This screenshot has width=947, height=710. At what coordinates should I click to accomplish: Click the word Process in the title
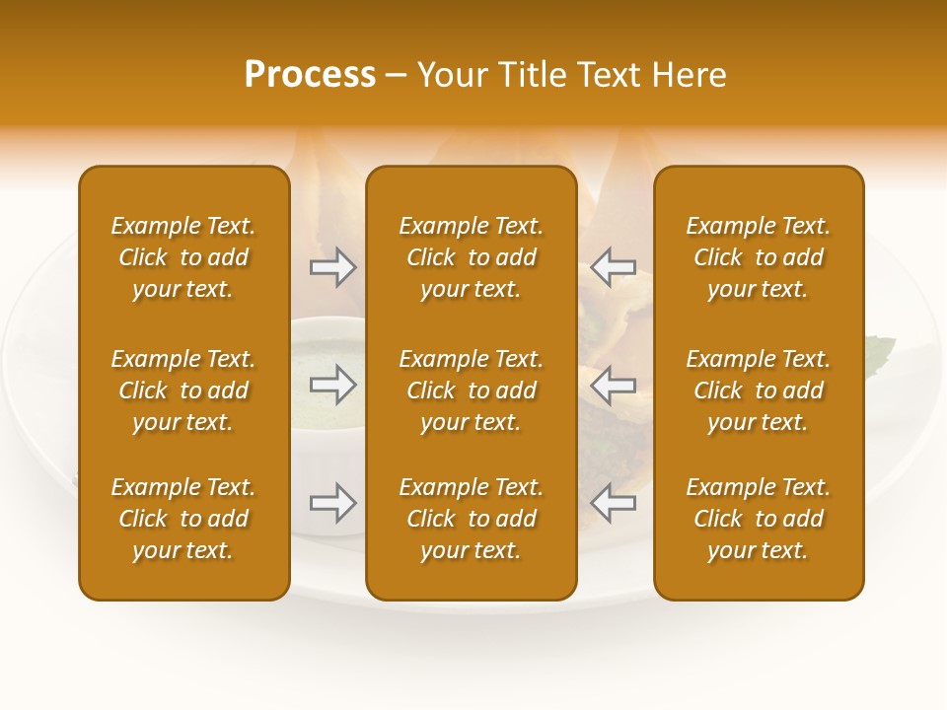(310, 75)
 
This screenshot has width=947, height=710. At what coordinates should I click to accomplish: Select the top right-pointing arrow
(333, 267)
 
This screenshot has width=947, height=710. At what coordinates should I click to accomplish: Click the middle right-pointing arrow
(333, 385)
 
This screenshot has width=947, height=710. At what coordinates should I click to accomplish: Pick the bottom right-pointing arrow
(333, 503)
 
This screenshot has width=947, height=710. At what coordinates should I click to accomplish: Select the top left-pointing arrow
(613, 267)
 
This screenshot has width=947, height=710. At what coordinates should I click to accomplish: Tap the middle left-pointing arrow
(613, 385)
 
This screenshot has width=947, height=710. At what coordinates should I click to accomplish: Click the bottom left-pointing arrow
(613, 503)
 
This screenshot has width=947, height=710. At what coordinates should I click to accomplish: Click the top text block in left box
(183, 257)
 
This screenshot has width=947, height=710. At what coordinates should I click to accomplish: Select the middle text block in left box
(183, 390)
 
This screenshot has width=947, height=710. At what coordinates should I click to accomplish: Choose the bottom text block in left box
(183, 519)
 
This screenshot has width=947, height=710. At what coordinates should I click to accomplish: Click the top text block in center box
(471, 257)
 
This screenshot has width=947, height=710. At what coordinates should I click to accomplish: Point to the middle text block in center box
(471, 390)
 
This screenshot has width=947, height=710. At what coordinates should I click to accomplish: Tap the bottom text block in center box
(471, 519)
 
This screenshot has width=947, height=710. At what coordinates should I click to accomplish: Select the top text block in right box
(758, 257)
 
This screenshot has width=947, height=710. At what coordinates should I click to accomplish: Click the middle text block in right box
(758, 390)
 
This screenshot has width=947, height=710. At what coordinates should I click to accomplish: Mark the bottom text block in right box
(758, 519)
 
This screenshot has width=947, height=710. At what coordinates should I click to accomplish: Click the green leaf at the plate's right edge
(881, 348)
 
